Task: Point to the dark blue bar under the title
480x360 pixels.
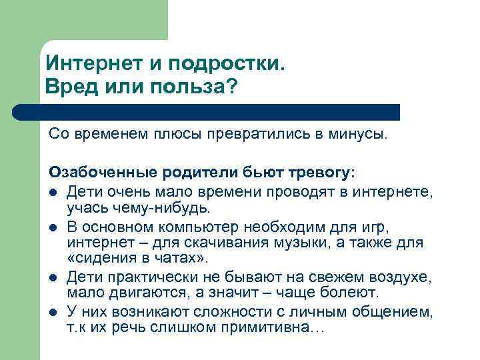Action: point(220,111)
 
